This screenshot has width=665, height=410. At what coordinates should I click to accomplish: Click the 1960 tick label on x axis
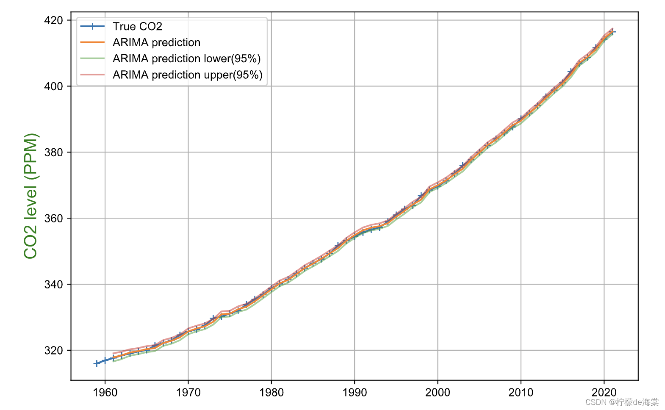105,393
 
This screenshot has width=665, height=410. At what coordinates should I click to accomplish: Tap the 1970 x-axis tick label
188,393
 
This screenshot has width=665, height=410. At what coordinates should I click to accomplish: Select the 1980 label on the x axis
271,393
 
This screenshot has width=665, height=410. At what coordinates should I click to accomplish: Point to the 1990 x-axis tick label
355,393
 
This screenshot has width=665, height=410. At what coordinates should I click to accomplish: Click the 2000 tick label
438,393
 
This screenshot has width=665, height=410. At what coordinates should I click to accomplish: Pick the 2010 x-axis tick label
521,393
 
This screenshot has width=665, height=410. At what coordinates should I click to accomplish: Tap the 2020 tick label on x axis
604,393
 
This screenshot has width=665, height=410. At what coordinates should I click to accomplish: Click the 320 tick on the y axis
53,351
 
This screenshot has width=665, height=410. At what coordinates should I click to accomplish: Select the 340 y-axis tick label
53,285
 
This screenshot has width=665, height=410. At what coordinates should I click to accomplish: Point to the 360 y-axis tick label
53,219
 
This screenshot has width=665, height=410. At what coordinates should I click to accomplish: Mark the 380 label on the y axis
53,152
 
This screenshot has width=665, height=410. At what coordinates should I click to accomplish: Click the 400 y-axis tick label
53,86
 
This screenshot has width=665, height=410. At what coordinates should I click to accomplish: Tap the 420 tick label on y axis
53,20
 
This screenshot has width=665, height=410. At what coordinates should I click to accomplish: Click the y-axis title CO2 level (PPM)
30,196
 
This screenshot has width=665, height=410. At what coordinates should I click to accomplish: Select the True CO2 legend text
137,27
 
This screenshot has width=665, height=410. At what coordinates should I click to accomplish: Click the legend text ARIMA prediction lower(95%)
186,59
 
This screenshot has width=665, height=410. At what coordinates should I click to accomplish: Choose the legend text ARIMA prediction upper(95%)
187,75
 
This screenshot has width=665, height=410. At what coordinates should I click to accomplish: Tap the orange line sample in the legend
92,42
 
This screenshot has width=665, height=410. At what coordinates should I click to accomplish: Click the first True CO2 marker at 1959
97,363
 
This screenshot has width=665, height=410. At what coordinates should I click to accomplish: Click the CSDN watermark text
622,402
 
